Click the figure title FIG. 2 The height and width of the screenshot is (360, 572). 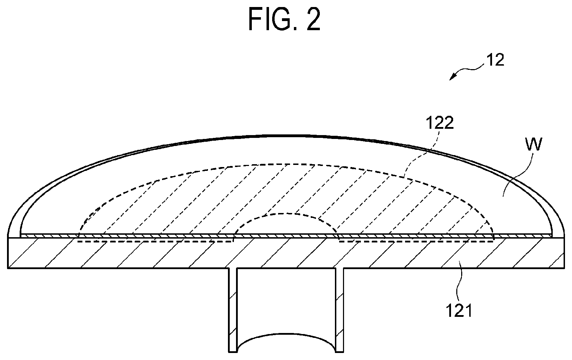coord(284,19)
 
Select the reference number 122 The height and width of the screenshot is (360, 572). coord(439,123)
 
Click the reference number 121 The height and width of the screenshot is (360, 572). coord(459,311)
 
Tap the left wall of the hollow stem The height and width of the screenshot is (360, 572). coord(233,310)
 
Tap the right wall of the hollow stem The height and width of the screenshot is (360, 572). coord(339,310)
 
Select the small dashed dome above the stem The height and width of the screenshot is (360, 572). coord(286,214)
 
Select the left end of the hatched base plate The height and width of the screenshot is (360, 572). coord(8,253)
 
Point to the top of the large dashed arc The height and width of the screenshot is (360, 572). coord(286,164)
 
